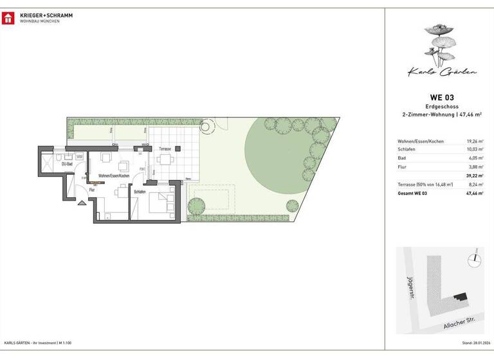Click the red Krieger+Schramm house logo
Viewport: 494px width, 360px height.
click(8, 17)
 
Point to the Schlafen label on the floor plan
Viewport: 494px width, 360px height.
click(140, 192)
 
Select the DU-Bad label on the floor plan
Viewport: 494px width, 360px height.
click(66, 164)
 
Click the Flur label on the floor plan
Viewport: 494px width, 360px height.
click(92, 190)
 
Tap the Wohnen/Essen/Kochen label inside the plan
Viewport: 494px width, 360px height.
click(114, 175)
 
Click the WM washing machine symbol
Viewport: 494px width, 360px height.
click(79, 156)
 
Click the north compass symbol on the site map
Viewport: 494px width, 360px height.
click(475, 258)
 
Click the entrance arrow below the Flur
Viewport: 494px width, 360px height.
click(82, 204)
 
